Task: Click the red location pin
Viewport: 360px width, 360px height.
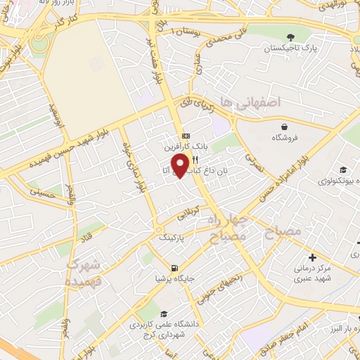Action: point(181,165)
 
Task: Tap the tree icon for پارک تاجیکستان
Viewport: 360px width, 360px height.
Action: point(290,37)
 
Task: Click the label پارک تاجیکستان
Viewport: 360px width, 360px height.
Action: point(290,50)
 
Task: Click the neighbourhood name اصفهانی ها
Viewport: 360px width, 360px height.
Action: point(250,103)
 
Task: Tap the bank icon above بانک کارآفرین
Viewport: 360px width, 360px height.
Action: point(185,136)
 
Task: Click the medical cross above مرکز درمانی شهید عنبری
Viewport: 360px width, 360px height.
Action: point(312,257)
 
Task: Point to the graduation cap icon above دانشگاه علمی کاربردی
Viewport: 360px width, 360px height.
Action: point(164,314)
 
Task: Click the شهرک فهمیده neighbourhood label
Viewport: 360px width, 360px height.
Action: point(84,274)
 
